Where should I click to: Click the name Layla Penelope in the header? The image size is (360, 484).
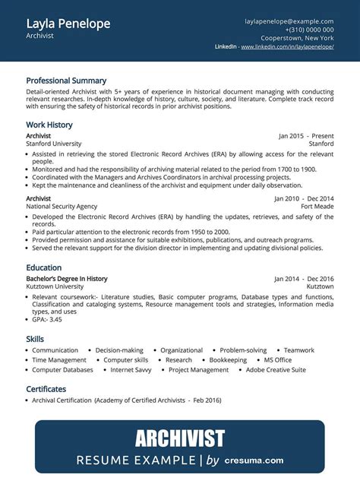68,24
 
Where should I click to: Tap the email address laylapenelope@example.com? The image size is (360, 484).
289,21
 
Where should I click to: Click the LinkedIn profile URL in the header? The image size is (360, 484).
287,47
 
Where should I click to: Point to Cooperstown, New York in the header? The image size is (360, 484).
298,38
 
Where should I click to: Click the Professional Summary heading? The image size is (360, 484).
66,81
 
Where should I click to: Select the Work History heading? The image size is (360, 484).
49,125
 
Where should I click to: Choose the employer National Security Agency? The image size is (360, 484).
62,206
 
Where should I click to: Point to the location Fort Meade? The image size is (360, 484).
317,206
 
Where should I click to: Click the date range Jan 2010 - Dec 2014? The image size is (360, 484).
304,198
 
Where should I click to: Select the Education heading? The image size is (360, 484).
44,268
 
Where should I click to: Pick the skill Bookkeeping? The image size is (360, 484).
228,360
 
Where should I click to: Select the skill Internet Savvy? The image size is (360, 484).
130,370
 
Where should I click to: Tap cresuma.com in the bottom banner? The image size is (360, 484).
255,460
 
